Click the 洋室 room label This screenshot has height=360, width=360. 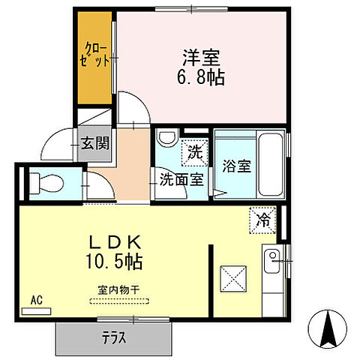tap(202, 57)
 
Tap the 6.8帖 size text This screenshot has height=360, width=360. tap(202, 76)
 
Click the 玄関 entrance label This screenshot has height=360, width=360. tap(95, 142)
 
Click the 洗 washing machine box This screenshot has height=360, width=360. tap(194, 151)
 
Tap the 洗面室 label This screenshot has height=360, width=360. tap(181, 179)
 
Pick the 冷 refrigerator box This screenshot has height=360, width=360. tap(263, 220)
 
